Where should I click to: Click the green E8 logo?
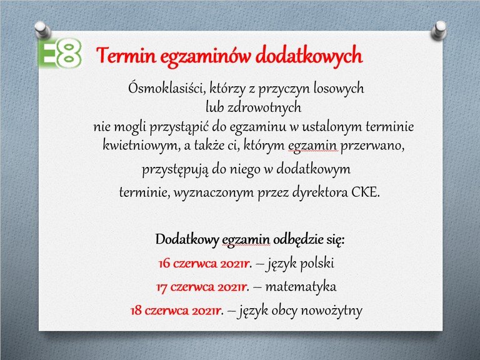point(60,52)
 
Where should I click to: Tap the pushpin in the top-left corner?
point(42,30)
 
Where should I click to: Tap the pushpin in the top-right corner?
point(439,30)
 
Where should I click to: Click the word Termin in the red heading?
point(126,56)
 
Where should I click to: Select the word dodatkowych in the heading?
point(309,56)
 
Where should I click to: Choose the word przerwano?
point(372,146)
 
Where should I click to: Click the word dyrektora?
point(320,193)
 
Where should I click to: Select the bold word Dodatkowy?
point(187,239)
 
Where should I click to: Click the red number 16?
point(164,264)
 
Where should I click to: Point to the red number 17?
point(162,287)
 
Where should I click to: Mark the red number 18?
point(136,311)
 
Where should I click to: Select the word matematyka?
point(301,287)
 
